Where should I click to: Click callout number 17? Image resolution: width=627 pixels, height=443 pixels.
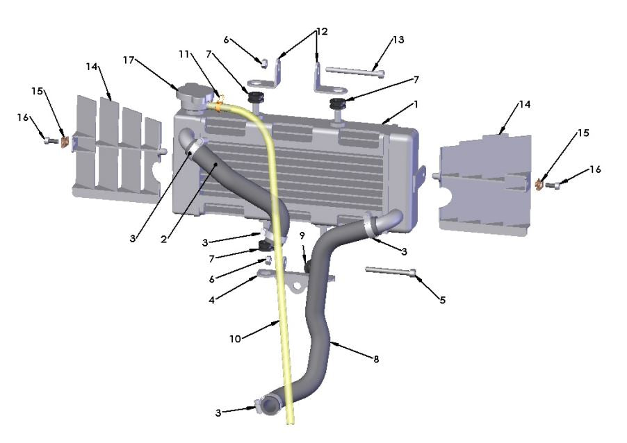click(x=128, y=60)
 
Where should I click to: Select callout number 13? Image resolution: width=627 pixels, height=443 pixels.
click(x=398, y=40)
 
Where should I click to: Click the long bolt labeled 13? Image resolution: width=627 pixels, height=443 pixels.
click(x=354, y=71)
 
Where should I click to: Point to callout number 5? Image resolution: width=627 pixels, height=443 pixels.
click(x=442, y=300)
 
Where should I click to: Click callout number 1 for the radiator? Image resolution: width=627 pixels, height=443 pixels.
click(x=416, y=103)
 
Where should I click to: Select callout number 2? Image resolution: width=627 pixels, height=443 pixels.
click(x=163, y=239)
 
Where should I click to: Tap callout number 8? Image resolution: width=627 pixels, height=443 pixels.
click(x=376, y=359)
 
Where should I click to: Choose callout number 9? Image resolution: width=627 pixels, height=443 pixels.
click(x=302, y=235)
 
